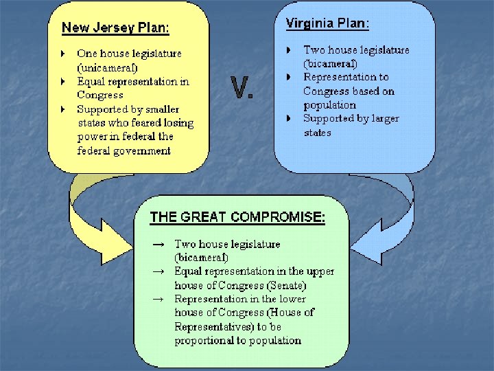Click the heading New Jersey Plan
pyautogui.click(x=115, y=28)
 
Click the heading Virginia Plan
pyautogui.click(x=327, y=23)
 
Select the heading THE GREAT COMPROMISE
pyautogui.click(x=237, y=217)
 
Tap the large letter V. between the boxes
pyautogui.click(x=242, y=88)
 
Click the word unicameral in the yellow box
pyautogui.click(x=108, y=67)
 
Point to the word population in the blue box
pyautogui.click(x=329, y=105)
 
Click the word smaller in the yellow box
pyautogui.click(x=163, y=109)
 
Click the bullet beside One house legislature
pyautogui.click(x=62, y=53)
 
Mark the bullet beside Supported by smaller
pyautogui.click(x=62, y=109)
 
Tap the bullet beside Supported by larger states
pyautogui.click(x=290, y=119)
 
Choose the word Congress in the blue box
pyautogui.click(x=326, y=91)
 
